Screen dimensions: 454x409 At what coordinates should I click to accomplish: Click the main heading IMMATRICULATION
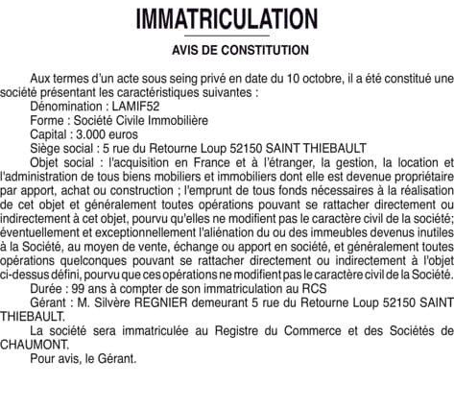[x=227, y=18]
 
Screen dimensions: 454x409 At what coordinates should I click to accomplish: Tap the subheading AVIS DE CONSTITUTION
[x=227, y=50]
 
